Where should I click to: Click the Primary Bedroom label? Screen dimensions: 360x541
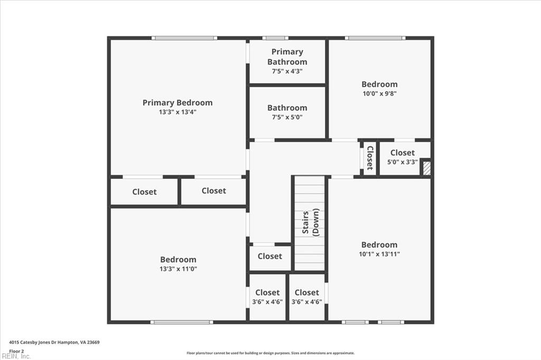(178, 102)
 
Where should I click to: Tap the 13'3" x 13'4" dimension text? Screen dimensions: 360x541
(178, 112)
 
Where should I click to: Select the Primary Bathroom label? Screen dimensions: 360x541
(287, 56)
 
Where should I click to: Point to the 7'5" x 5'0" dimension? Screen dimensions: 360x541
(287, 117)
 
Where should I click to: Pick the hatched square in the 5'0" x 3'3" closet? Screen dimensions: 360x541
(426, 168)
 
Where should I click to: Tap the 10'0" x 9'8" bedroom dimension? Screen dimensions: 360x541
(379, 93)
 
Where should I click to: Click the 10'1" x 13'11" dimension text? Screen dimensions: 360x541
(379, 254)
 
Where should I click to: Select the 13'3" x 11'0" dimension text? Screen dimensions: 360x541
(178, 269)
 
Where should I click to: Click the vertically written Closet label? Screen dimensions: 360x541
(370, 157)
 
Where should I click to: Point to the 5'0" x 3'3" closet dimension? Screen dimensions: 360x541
(403, 162)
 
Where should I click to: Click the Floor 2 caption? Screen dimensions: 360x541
(16, 350)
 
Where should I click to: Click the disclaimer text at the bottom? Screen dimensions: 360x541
(270, 353)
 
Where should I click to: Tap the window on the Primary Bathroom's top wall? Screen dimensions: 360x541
(275, 38)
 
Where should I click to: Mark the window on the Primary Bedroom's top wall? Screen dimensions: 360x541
(184, 38)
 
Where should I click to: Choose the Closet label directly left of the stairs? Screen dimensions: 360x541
(270, 256)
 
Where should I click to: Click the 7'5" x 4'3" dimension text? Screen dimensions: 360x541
(287, 71)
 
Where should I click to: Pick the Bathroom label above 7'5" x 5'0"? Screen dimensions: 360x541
(287, 108)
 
